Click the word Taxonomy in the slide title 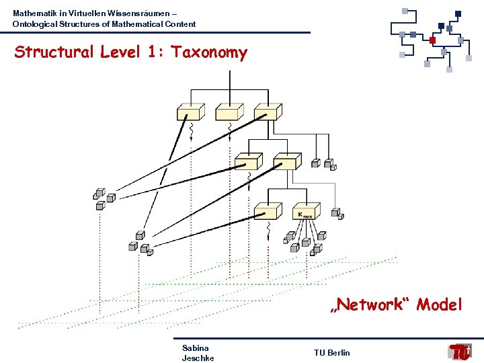click(209, 52)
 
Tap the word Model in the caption click(439, 305)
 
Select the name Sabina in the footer click(195, 348)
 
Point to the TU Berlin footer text click(331, 353)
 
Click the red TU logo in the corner click(460, 352)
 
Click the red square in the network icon click(433, 40)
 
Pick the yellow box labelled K click(306, 212)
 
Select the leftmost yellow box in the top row click(190, 112)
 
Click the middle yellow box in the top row click(229, 112)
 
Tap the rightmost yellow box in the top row click(267, 112)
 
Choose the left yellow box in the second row click(247, 161)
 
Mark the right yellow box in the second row click(286, 161)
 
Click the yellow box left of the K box click(268, 211)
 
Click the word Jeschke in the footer click(198, 358)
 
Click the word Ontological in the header click(34, 24)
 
